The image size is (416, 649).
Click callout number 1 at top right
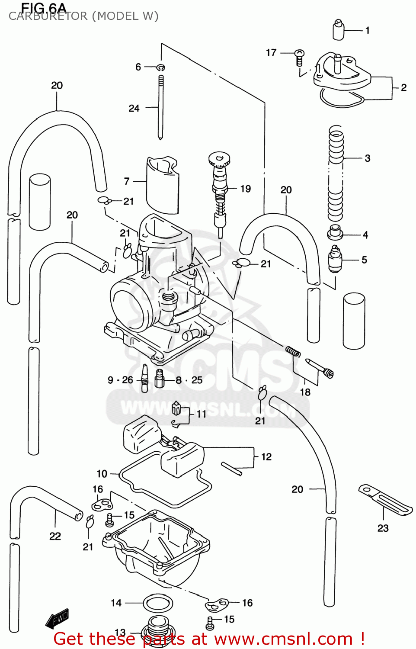tap(367, 30)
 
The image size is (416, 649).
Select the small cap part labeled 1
tap(338, 30)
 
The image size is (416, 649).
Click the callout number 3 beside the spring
tap(367, 158)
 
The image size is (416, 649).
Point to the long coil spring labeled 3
tap(336, 173)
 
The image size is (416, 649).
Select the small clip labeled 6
tap(161, 67)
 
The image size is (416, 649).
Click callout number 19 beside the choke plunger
tap(245, 189)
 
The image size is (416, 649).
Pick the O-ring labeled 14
tap(158, 603)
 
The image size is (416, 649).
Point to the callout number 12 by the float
tap(266, 456)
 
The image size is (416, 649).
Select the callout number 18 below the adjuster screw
tap(305, 392)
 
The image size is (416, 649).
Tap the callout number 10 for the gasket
tap(102, 473)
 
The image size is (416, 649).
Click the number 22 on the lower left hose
tap(55, 536)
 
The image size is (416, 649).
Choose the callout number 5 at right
tap(364, 260)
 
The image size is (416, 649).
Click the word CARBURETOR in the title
tap(48, 16)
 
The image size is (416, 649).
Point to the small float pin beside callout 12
tap(231, 469)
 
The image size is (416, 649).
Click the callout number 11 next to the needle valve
tap(201, 414)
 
